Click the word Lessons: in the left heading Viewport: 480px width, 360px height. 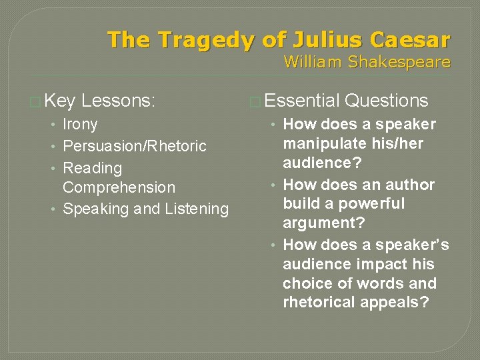(x=118, y=101)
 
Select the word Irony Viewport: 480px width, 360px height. (x=80, y=125)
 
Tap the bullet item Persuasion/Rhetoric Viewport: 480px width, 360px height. (x=135, y=146)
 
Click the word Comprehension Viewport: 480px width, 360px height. (x=119, y=188)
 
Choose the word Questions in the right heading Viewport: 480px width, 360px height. (x=387, y=101)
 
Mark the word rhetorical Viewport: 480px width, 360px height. (x=319, y=302)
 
